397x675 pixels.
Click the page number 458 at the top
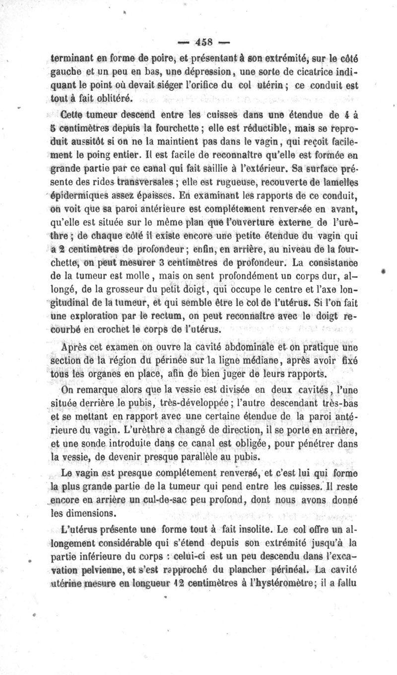point(204,41)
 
